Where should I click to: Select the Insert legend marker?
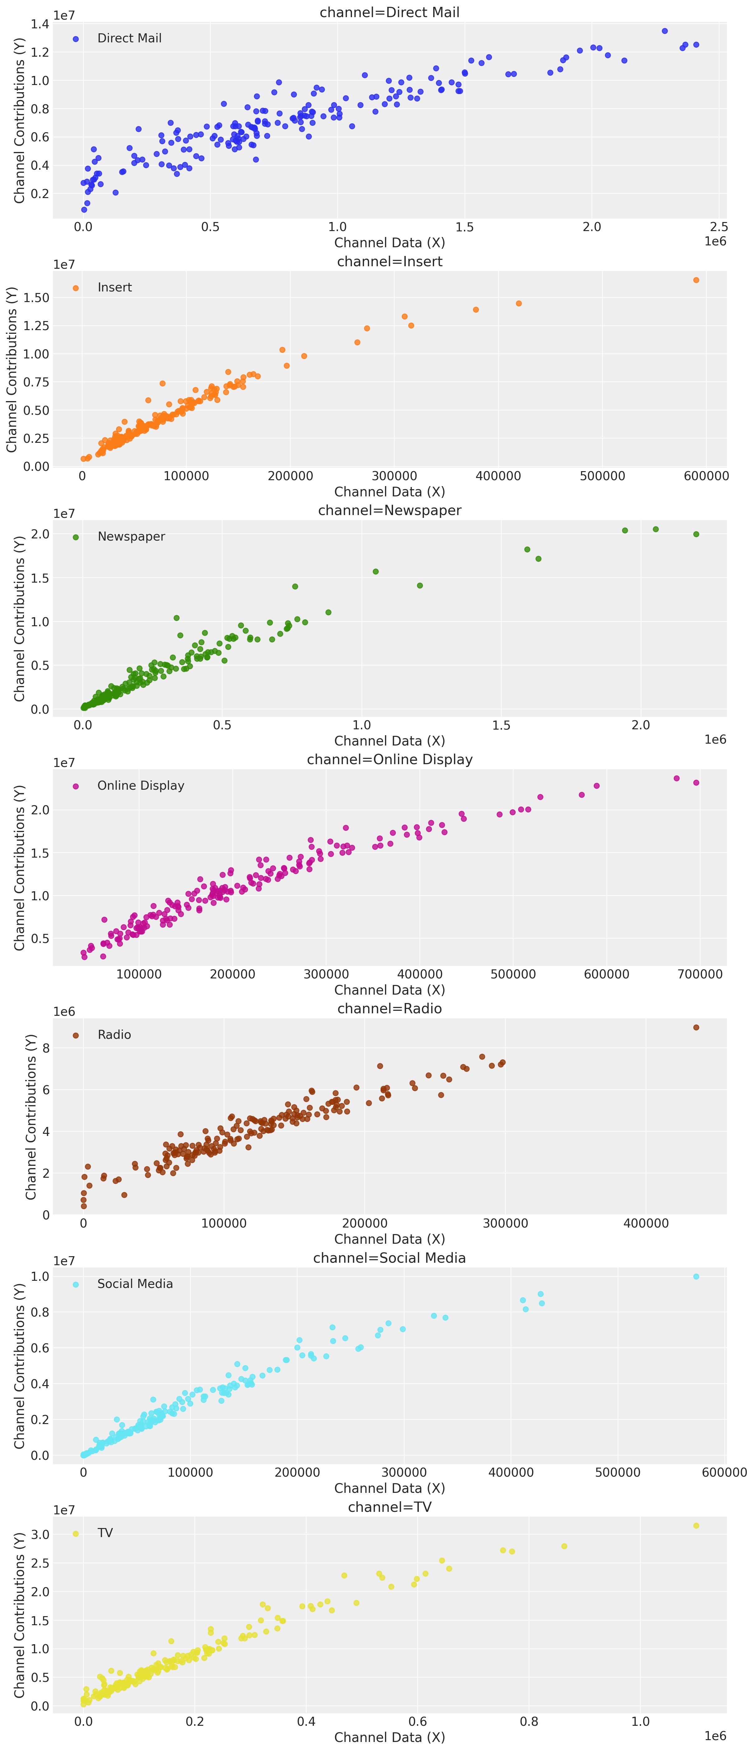pos(75,288)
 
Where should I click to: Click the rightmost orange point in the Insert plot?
pos(695,280)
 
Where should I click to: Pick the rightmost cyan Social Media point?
pos(695,1276)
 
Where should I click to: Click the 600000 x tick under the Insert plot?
pos(706,476)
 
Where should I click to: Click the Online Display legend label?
pos(141,786)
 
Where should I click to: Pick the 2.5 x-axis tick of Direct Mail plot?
pos(719,227)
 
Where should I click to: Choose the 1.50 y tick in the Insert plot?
pos(36,298)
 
